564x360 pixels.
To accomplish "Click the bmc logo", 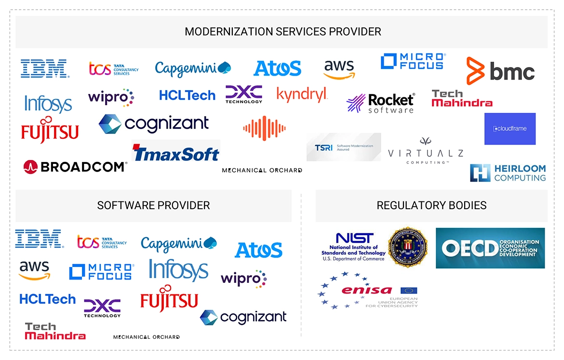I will pyautogui.click(x=500, y=71).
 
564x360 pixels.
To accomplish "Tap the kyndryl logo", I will pyautogui.click(x=302, y=94).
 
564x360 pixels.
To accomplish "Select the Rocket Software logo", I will pyautogui.click(x=380, y=103).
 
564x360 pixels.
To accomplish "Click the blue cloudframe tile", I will pyautogui.click(x=510, y=129).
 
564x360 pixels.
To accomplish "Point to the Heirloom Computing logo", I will pyautogui.click(x=508, y=173).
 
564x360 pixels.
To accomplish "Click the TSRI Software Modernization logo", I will pyautogui.click(x=343, y=147).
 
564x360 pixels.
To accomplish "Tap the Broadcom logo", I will pyautogui.click(x=75, y=167).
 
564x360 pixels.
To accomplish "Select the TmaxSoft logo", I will pyautogui.click(x=176, y=153).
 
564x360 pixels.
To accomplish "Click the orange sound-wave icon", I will pyautogui.click(x=264, y=128).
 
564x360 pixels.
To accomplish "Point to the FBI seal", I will pyautogui.click(x=408, y=248).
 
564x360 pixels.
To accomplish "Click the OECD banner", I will pyautogui.click(x=490, y=248).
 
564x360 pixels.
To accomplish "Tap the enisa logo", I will pyautogui.click(x=367, y=291).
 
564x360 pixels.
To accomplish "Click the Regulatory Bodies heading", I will pyautogui.click(x=431, y=205).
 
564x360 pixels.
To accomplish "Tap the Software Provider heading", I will pyautogui.click(x=153, y=205).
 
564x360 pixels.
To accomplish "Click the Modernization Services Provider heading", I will pyautogui.click(x=282, y=32).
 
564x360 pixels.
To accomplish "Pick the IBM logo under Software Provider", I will pyautogui.click(x=39, y=239).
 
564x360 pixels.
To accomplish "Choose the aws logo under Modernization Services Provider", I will pyautogui.click(x=339, y=69).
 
